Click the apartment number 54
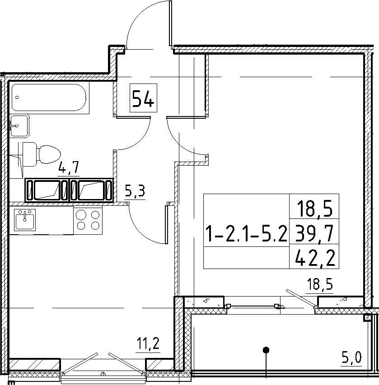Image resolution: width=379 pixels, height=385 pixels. [143, 98]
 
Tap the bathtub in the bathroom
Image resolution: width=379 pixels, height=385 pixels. [49, 97]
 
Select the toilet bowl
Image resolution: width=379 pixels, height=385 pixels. [42, 154]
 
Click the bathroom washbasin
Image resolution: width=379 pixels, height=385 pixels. [19, 126]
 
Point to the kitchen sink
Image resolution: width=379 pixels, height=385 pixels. [24, 220]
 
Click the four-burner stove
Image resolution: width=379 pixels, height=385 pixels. [88, 220]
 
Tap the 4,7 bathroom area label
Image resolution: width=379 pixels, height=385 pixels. [68, 168]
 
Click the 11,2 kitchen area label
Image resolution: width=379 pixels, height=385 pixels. [149, 343]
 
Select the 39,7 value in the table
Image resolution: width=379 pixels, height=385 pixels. [314, 233]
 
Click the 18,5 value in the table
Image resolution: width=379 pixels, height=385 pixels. [314, 208]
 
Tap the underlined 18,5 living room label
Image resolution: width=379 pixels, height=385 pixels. [319, 285]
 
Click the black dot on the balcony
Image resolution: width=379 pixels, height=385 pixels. [266, 349]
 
